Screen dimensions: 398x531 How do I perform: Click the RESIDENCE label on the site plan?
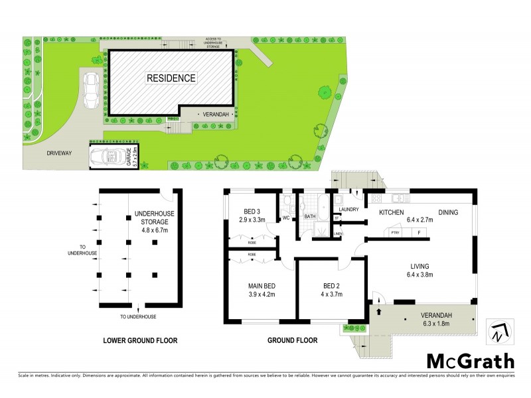(171, 78)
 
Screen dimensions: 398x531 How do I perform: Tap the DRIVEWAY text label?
(59, 153)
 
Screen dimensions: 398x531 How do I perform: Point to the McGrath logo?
(470, 361)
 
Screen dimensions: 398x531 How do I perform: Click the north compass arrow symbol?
(498, 331)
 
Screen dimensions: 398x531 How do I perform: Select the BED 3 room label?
(252, 211)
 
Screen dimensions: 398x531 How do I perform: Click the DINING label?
(447, 212)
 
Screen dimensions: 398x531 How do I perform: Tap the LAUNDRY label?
(349, 210)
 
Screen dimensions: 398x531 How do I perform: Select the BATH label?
(310, 216)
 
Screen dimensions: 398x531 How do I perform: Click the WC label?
(286, 216)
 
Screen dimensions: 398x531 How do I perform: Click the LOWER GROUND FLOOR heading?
(140, 340)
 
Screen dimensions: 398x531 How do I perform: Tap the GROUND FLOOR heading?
(292, 340)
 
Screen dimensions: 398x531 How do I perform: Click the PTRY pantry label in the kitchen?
(394, 232)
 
